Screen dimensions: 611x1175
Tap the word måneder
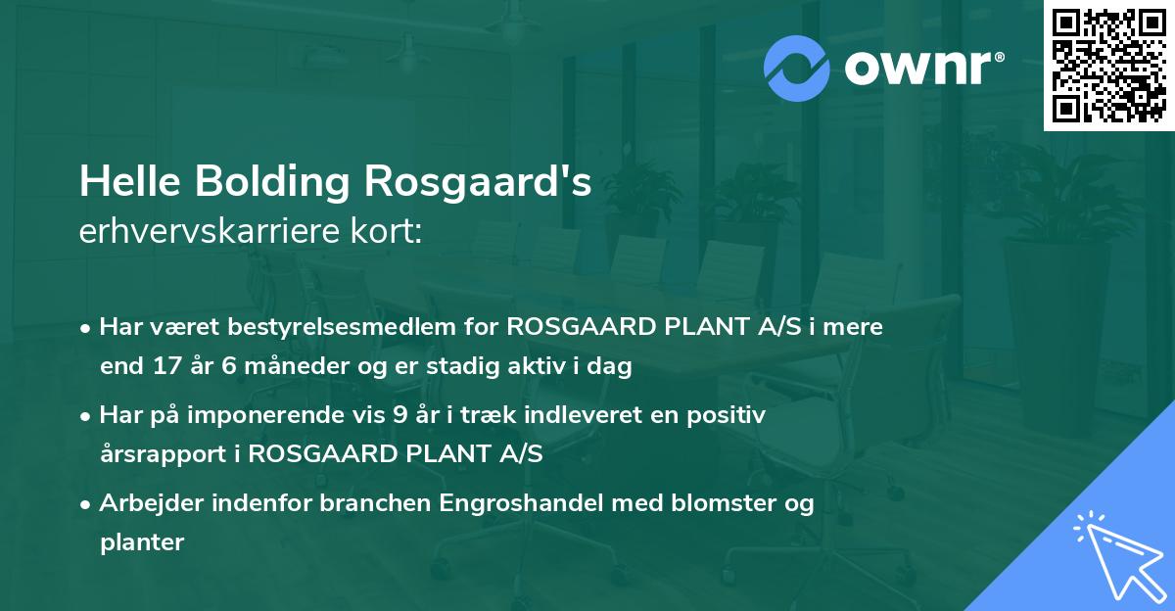274,367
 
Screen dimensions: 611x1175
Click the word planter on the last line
142,542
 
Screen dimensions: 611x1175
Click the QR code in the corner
1108,65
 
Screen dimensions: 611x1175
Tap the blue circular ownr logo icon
796,69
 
